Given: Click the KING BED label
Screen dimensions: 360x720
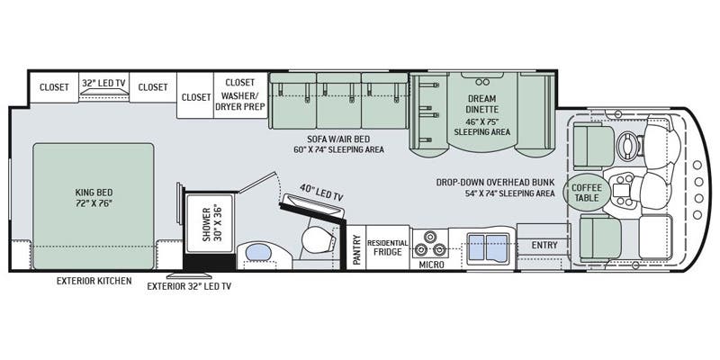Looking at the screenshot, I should pyautogui.click(x=94, y=197).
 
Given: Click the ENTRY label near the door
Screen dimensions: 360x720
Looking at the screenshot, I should pyautogui.click(x=544, y=245).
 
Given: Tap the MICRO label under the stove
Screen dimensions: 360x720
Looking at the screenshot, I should pyautogui.click(x=430, y=265).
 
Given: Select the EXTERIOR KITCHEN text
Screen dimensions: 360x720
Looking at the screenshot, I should pyautogui.click(x=94, y=282).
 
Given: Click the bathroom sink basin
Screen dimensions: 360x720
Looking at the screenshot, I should pyautogui.click(x=258, y=251).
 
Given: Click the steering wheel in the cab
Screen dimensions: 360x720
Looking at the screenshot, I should pyautogui.click(x=627, y=142).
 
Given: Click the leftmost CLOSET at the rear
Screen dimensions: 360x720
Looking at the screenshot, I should pyautogui.click(x=53, y=88).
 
